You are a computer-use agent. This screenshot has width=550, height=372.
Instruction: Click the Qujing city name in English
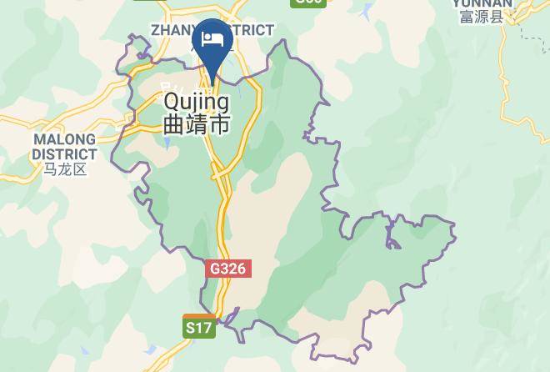[197, 102]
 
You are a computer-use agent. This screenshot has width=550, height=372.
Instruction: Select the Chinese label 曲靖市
[197, 125]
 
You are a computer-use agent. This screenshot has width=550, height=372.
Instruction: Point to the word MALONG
[64, 138]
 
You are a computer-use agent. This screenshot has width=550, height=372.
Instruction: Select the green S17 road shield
[199, 328]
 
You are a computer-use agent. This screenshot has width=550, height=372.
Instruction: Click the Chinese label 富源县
[482, 16]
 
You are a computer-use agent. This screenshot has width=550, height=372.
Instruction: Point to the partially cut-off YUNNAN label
[482, 3]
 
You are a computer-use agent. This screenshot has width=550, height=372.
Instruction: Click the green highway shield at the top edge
[307, 3]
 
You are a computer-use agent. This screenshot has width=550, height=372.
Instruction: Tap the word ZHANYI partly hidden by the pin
[172, 31]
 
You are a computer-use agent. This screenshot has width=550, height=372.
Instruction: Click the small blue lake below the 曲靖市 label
[167, 143]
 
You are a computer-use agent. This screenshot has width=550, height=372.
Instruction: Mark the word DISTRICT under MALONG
[64, 153]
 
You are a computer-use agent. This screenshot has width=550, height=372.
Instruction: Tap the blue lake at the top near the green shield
[367, 12]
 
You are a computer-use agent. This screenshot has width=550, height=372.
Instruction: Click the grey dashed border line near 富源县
[524, 33]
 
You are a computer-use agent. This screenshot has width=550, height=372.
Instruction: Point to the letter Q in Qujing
[172, 102]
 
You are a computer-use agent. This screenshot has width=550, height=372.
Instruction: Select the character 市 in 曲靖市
[219, 125]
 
